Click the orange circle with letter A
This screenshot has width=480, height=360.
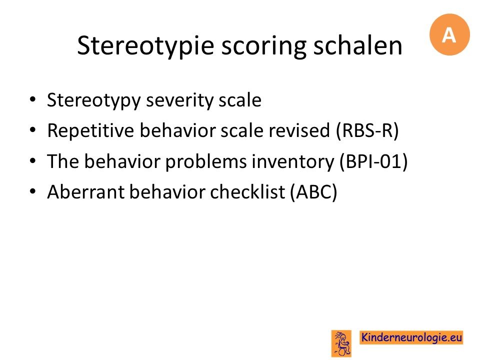tap(449, 34)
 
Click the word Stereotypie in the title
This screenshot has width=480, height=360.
tap(145, 46)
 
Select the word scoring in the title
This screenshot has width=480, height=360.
tap(263, 46)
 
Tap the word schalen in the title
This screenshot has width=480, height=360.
tap(358, 45)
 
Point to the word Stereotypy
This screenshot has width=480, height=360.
tap(93, 100)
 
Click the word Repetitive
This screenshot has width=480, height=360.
tap(90, 130)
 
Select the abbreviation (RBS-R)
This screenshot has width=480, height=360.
tap(367, 131)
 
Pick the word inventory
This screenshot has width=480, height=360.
tap(293, 162)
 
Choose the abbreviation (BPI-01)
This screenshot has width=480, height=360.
tap(374, 161)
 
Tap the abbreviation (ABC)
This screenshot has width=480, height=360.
tap(314, 192)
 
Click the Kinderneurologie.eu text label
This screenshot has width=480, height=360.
tap(411, 337)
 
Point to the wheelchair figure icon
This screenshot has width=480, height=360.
tap(341, 343)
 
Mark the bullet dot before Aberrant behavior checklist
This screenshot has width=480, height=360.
tap(32, 191)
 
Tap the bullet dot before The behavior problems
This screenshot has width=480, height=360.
tap(32, 160)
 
